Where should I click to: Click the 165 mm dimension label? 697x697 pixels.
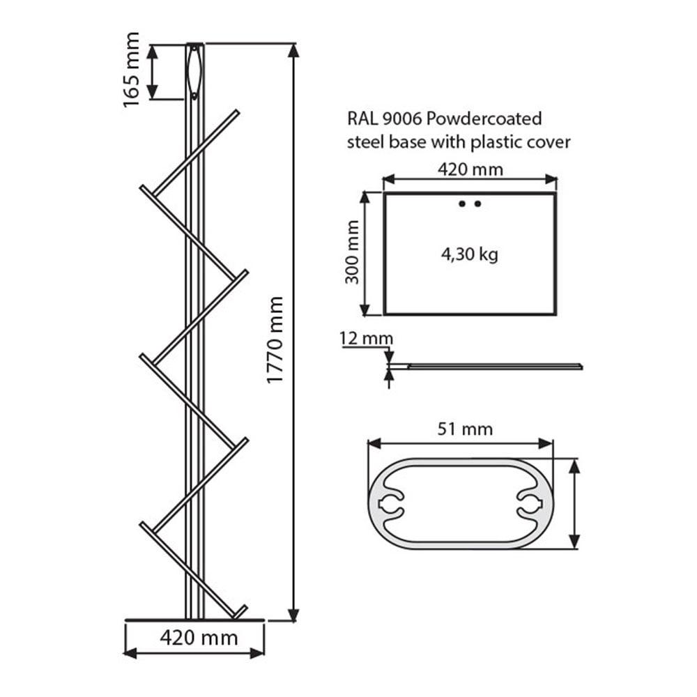tap(132, 70)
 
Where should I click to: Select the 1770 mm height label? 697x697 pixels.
tap(275, 340)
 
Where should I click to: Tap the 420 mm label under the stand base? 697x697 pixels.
tap(199, 638)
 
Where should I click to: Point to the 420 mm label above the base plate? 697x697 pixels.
tap(470, 169)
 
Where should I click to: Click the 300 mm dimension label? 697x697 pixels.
tap(352, 252)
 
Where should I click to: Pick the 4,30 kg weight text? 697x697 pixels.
tap(469, 254)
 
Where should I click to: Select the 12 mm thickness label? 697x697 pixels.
tap(367, 339)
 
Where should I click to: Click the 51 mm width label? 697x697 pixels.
tap(465, 429)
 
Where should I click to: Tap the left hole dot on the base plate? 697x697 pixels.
tap(462, 204)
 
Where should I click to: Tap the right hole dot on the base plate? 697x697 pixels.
tap(478, 204)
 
